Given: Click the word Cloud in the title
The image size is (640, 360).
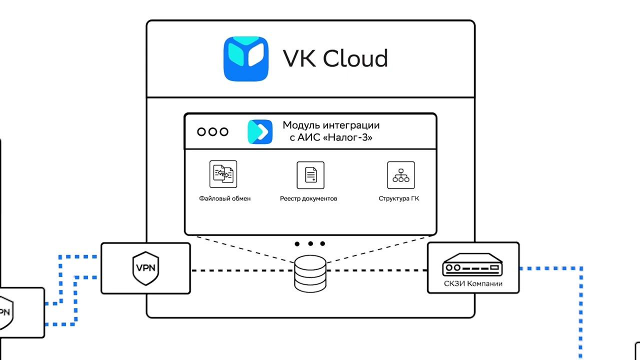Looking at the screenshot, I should point(355,58).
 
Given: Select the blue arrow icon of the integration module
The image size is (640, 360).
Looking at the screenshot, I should point(260,132).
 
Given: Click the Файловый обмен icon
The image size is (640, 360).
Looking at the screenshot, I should point(223,174).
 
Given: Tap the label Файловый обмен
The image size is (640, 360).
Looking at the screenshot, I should point(224,198).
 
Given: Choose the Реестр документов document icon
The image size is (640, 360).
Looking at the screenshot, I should point(310,175).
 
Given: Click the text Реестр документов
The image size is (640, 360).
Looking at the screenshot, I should point(308,198).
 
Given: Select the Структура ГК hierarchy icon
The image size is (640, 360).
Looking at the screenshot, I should point(401,175).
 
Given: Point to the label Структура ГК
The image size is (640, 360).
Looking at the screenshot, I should point(399,198).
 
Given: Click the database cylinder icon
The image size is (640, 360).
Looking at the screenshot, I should point(310,273).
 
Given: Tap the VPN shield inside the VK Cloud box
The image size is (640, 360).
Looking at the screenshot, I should point(145,268).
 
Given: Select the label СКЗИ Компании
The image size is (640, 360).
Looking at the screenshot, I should point(473,284).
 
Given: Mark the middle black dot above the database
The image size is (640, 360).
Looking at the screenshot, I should point(310,244).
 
